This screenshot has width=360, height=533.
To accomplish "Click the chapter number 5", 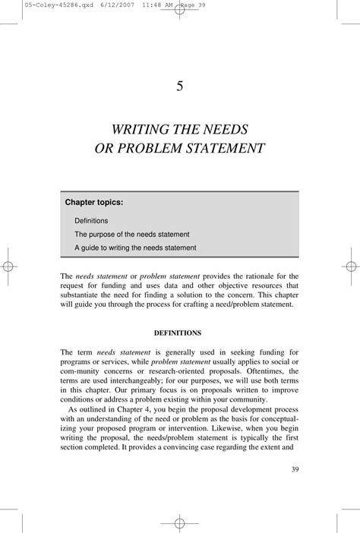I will pos(180,85).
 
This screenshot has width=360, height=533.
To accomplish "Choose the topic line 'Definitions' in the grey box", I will pos(91,220).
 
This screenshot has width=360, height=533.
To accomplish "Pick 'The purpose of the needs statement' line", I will pos(131,234).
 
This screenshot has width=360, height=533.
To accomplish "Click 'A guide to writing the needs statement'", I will pos(135,248).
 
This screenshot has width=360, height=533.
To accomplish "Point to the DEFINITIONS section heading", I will pos(179,333).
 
